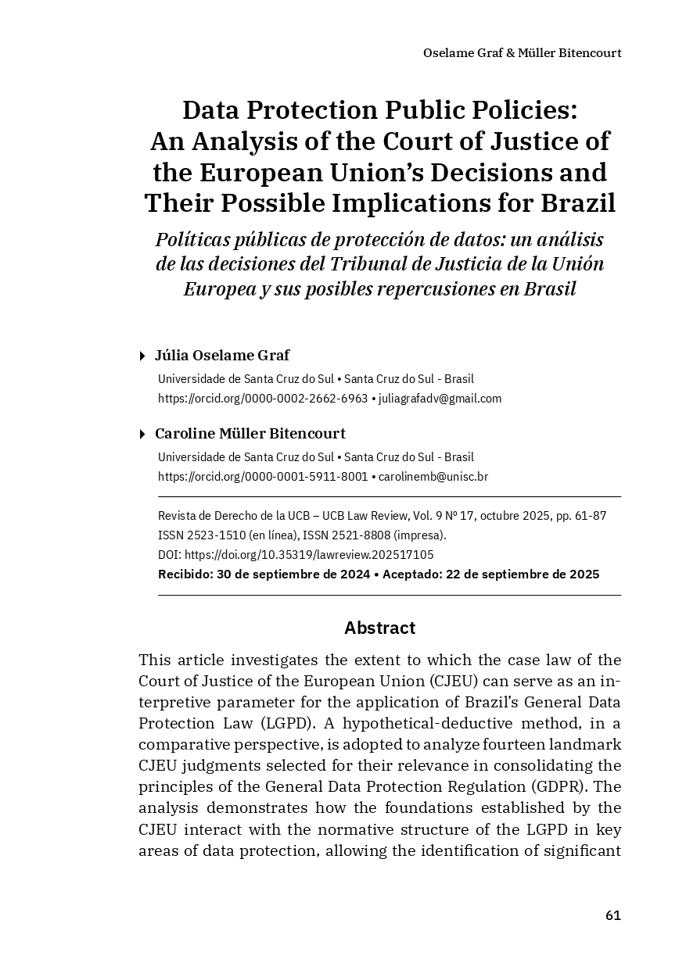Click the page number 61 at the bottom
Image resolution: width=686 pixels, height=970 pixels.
coord(612,915)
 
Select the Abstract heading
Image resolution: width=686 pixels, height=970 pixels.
coord(379,628)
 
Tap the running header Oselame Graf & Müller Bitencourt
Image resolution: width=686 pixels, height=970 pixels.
coord(522,53)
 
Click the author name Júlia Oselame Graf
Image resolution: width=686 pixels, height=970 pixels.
coord(222,356)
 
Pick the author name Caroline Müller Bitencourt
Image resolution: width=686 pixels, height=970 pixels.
coord(250,434)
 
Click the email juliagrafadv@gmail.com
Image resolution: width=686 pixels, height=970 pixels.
coord(440,399)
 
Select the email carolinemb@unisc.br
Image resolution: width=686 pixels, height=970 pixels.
coord(433,477)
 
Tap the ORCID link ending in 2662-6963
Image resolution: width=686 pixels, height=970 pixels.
coord(263,399)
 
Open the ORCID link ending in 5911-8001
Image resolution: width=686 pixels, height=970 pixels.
coord(263,477)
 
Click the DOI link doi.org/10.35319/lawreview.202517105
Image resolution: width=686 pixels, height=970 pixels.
coord(309,555)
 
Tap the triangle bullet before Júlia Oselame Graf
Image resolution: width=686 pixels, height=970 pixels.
coord(142,356)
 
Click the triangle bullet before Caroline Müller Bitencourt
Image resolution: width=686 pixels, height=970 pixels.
coord(142,435)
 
